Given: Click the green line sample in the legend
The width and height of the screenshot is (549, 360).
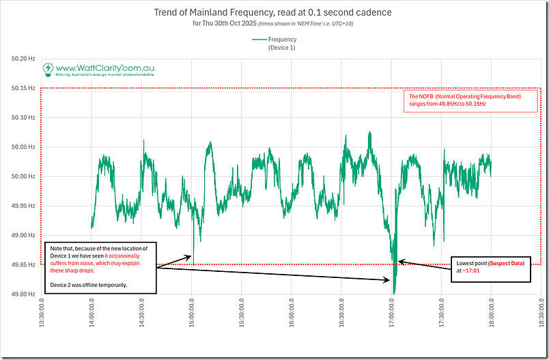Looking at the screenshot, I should pos(259,40).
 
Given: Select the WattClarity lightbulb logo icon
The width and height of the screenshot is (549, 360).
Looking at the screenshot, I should pos(48,69).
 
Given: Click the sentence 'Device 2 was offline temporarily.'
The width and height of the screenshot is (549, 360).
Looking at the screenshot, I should pos(88,284).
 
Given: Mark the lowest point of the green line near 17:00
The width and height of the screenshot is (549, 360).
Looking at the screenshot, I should pos(394,293).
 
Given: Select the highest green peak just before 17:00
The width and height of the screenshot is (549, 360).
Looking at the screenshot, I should pos(369,132).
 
